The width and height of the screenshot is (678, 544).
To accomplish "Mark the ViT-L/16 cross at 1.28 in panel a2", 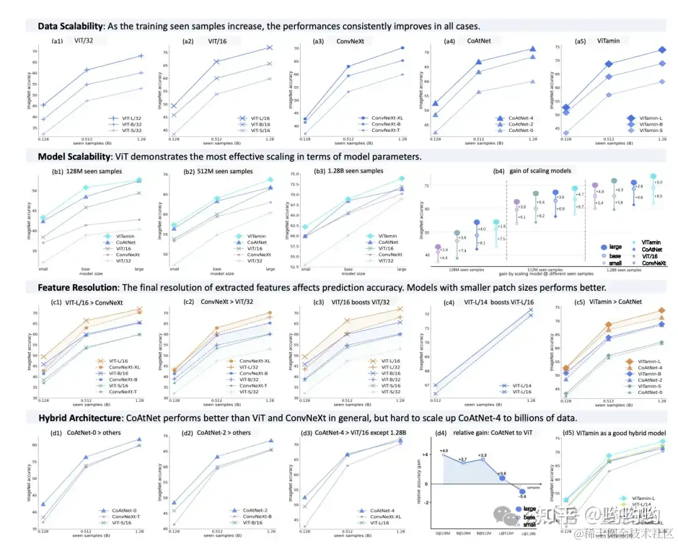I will (269, 47).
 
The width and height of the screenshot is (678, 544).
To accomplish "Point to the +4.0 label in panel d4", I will (443, 450).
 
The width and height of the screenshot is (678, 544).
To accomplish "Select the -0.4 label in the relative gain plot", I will (522, 496).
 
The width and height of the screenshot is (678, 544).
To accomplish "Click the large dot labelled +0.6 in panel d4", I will (502, 478).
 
